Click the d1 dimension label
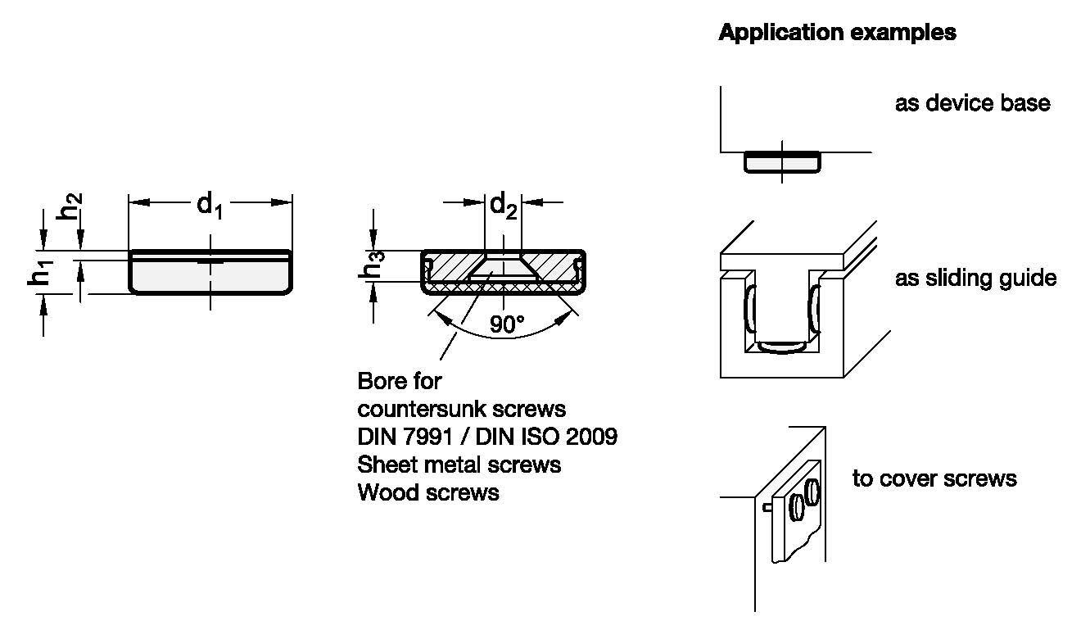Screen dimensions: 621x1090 210,205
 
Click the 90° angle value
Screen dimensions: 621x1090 507,325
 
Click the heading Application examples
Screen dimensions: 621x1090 837,33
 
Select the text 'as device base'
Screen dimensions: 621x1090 972,104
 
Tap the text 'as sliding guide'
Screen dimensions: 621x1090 975,279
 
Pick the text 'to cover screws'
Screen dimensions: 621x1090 934,478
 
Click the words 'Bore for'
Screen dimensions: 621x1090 400,381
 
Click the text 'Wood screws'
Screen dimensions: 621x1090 428,492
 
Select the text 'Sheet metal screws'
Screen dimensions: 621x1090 459,465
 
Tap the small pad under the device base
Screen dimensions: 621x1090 781,163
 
